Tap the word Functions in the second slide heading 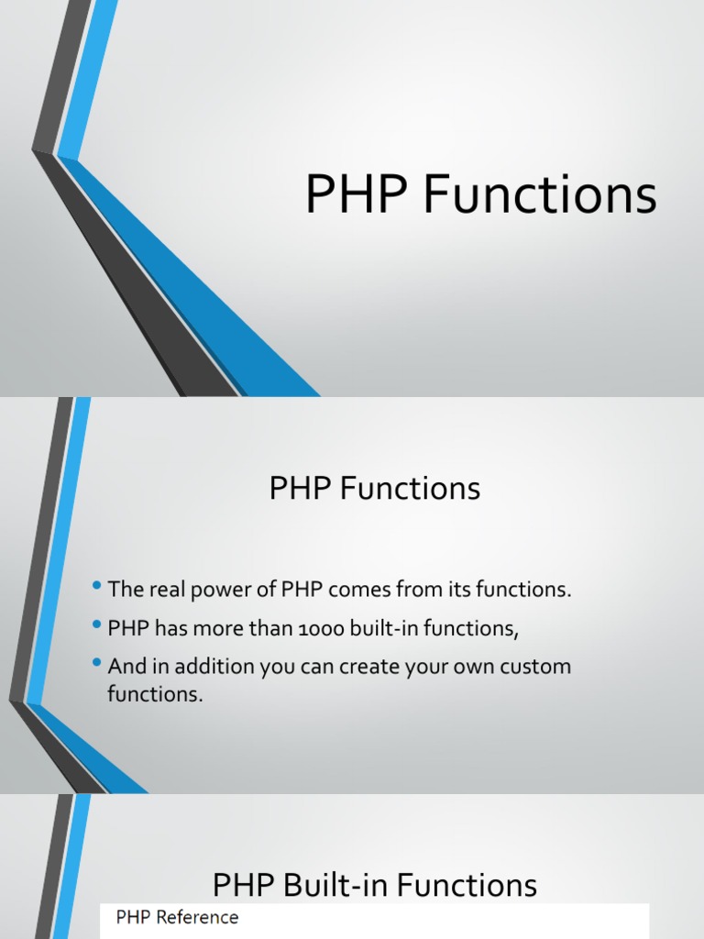(410, 489)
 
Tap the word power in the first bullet (213, 590)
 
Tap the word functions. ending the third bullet (154, 694)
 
